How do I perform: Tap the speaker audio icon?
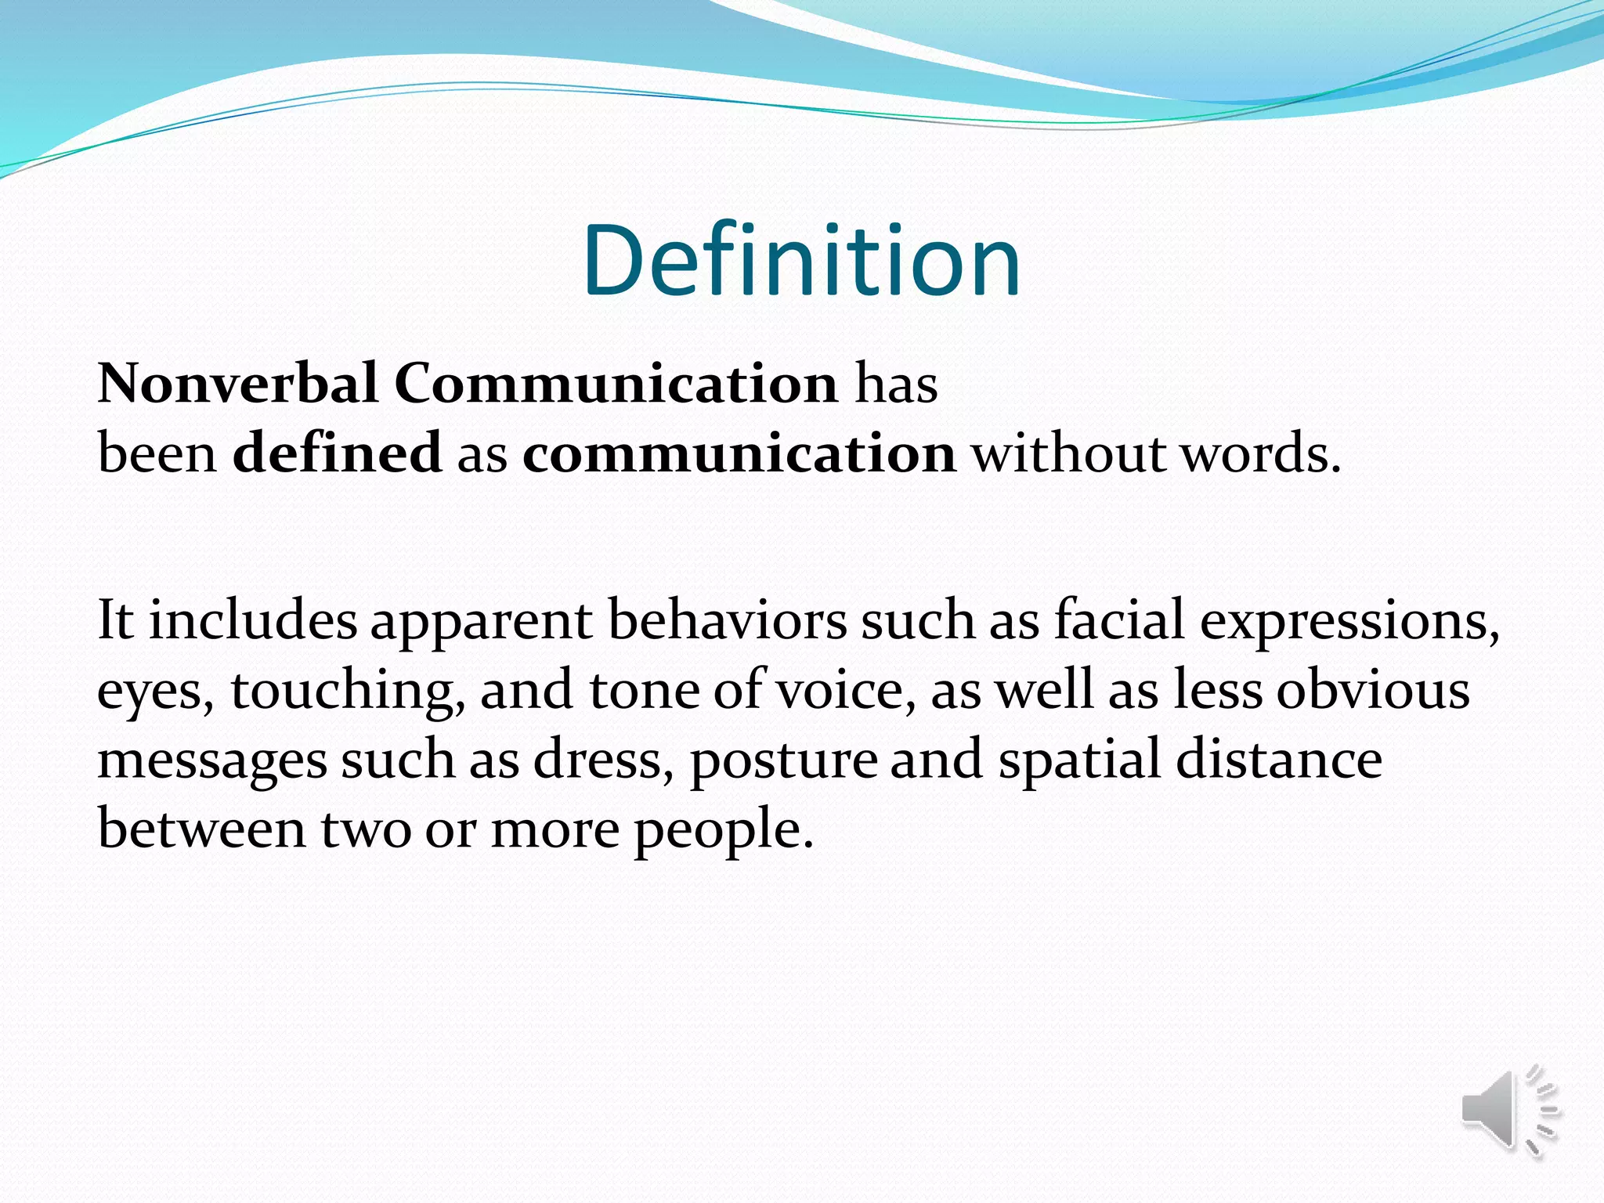click(x=1508, y=1112)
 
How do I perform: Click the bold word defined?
click(x=337, y=453)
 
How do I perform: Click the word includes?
click(x=252, y=620)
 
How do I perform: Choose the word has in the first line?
click(x=896, y=384)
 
